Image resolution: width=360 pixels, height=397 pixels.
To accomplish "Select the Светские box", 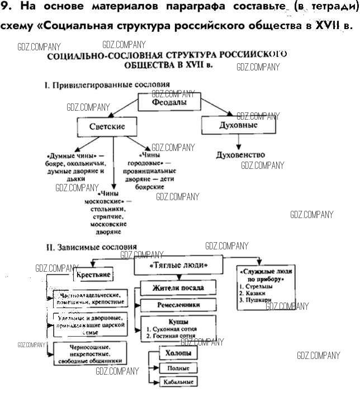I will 107,127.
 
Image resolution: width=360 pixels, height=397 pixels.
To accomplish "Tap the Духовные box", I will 238,125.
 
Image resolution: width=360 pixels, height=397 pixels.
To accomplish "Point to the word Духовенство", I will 240,154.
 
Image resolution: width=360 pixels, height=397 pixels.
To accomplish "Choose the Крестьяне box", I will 93,275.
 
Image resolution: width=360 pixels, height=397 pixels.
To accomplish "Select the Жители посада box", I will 170,288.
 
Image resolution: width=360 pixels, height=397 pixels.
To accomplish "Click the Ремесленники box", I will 170,305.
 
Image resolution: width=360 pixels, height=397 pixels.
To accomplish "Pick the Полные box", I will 178,368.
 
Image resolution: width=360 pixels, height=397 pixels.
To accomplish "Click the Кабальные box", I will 178,382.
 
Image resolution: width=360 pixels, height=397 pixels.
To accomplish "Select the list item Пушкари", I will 258,300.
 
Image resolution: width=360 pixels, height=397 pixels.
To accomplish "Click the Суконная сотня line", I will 170,329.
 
